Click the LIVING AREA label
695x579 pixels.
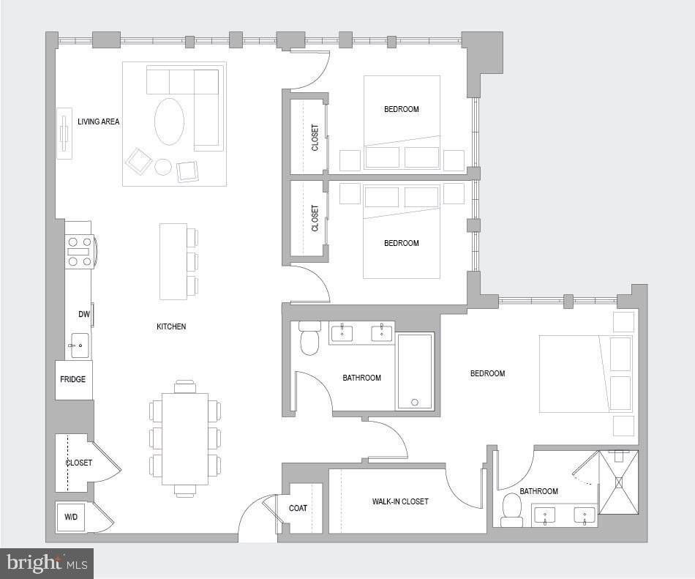pyautogui.click(x=98, y=122)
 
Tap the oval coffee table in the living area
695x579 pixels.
pyautogui.click(x=169, y=122)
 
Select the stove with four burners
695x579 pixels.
pyautogui.click(x=79, y=251)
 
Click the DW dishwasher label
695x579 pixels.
pyautogui.click(x=83, y=314)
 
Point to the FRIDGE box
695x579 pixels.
pyautogui.click(x=73, y=379)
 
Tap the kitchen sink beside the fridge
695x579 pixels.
pyautogui.click(x=79, y=345)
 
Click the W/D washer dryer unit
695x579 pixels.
pyautogui.click(x=71, y=517)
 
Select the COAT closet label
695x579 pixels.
pyautogui.click(x=298, y=508)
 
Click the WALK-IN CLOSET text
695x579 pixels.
pyautogui.click(x=399, y=501)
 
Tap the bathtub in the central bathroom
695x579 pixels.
pyautogui.click(x=415, y=371)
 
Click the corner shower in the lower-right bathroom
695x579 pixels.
pyautogui.click(x=618, y=482)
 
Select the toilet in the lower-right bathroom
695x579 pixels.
pyautogui.click(x=512, y=509)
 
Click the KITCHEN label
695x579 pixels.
pyautogui.click(x=171, y=326)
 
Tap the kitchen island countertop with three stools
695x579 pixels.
pyautogui.click(x=173, y=261)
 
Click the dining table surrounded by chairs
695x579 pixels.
pyautogui.click(x=185, y=438)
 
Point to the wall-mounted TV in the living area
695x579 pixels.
pyautogui.click(x=64, y=133)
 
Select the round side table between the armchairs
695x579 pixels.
pyautogui.click(x=163, y=167)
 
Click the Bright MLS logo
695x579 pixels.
pyautogui.click(x=47, y=563)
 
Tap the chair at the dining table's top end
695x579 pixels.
pyautogui.click(x=185, y=386)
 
